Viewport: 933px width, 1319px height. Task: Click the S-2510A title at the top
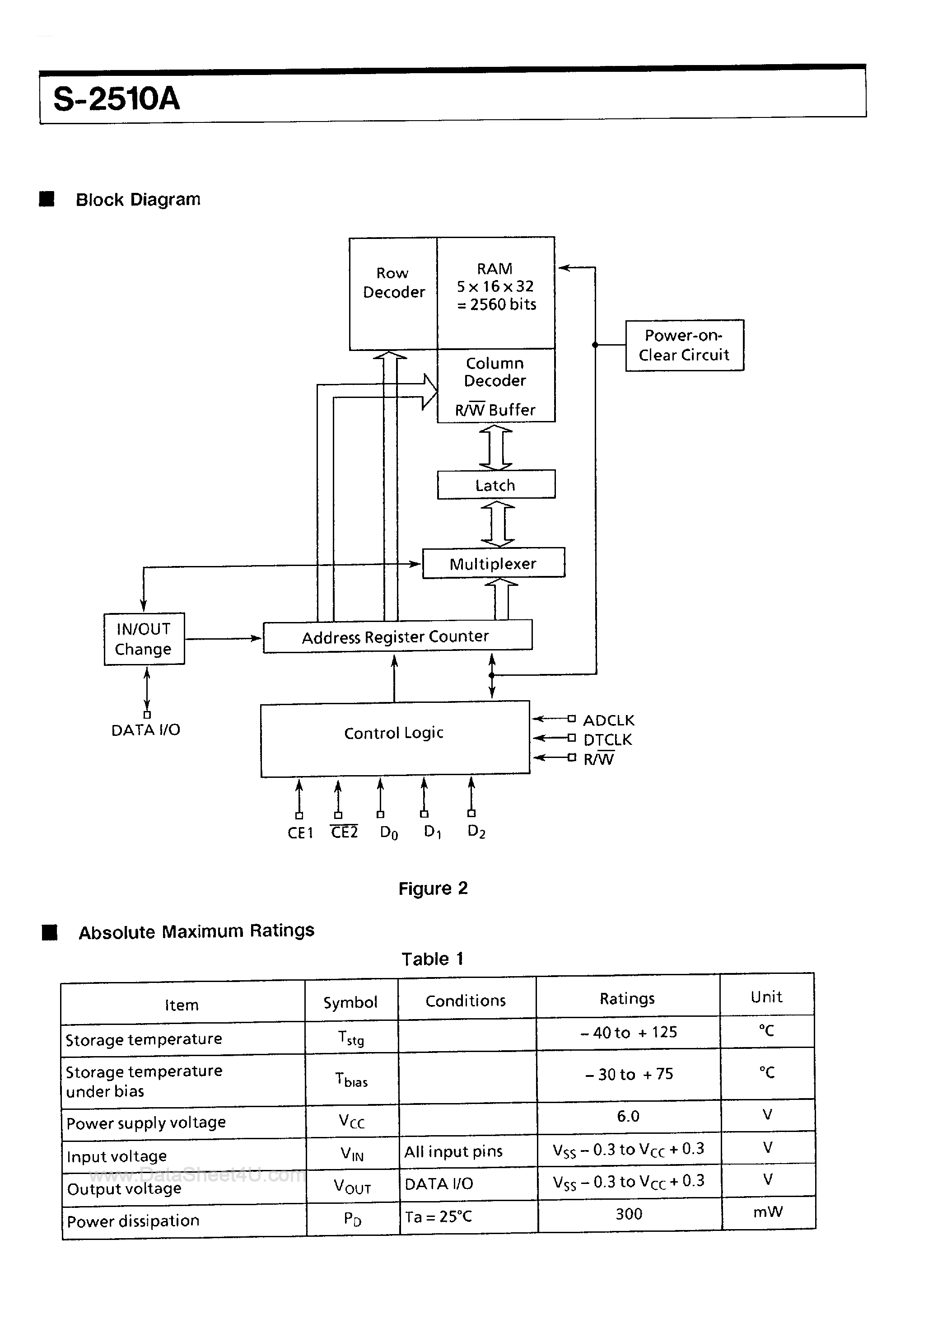click(117, 99)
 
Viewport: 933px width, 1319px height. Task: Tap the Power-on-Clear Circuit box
click(684, 345)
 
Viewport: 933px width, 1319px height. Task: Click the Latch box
click(496, 485)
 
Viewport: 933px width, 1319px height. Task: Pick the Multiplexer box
click(494, 563)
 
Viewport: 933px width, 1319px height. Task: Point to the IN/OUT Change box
click(144, 639)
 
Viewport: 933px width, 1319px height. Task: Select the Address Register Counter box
click(397, 636)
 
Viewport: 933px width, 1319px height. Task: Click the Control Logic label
click(394, 733)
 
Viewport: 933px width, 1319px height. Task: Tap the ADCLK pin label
click(608, 720)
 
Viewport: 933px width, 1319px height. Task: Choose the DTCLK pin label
click(607, 740)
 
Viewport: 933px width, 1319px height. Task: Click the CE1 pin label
click(300, 833)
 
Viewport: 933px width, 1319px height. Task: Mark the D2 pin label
click(476, 831)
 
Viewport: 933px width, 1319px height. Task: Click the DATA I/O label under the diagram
click(145, 730)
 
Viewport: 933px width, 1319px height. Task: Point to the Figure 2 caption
click(433, 889)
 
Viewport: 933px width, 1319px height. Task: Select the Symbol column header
click(350, 1002)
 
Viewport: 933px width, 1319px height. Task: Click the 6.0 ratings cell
click(628, 1116)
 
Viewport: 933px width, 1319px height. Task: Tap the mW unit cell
click(768, 1212)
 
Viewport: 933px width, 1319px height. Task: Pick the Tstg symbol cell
click(351, 1038)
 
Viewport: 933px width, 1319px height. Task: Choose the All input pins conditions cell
click(453, 1152)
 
